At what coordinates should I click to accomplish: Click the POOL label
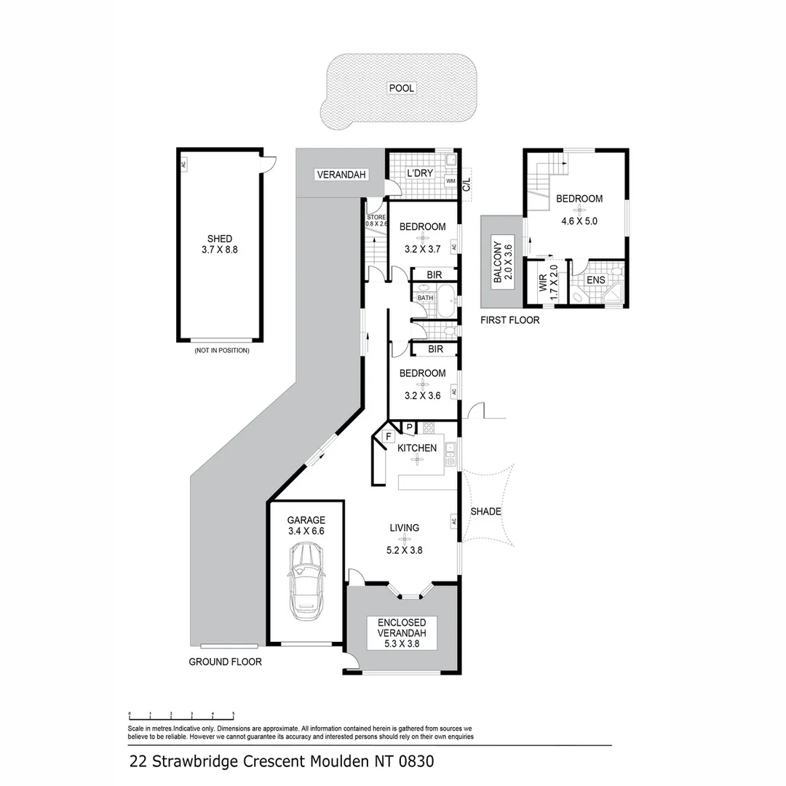[402, 88]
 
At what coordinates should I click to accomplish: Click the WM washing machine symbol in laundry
[450, 180]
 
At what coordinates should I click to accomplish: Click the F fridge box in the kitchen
[389, 437]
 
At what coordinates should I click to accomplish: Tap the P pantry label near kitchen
[409, 427]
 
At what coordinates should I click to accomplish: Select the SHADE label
[485, 512]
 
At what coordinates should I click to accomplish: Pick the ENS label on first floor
[596, 279]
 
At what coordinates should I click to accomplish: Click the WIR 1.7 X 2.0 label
[548, 282]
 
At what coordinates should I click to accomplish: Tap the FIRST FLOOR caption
[509, 320]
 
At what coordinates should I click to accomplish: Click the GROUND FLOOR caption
[225, 662]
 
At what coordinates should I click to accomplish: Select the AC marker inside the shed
[183, 164]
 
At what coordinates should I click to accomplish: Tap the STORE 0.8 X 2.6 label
[376, 220]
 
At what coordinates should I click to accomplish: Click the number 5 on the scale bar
[233, 714]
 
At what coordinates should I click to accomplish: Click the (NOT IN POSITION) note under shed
[221, 351]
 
